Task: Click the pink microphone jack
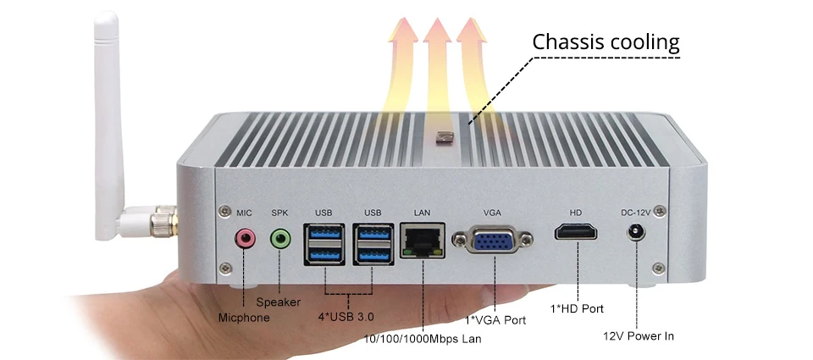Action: click(246, 239)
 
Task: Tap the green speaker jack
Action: click(280, 239)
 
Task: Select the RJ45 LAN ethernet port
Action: click(423, 241)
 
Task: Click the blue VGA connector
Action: click(492, 239)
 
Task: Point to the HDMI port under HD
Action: click(576, 231)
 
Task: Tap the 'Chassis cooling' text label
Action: click(606, 42)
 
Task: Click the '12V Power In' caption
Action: click(639, 336)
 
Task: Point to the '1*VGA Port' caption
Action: click(495, 320)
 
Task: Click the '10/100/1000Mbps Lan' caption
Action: click(422, 340)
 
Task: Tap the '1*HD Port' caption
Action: click(577, 308)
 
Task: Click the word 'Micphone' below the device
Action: click(244, 318)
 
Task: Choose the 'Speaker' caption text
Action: click(279, 302)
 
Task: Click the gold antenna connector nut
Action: click(165, 221)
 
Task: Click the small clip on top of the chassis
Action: click(445, 138)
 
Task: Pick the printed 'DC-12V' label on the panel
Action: click(636, 213)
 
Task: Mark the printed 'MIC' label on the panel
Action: click(244, 213)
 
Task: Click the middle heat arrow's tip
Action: click(437, 18)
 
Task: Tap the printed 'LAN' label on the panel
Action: click(422, 213)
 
